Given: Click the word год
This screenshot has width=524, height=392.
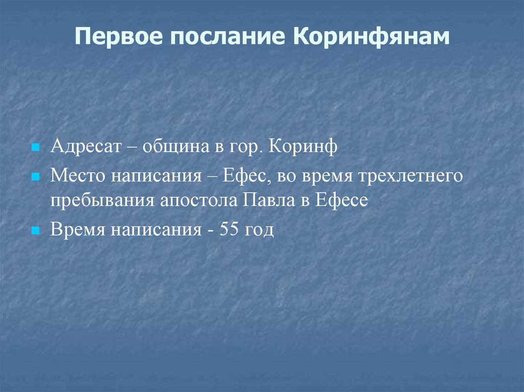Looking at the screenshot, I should pyautogui.click(x=259, y=230).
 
